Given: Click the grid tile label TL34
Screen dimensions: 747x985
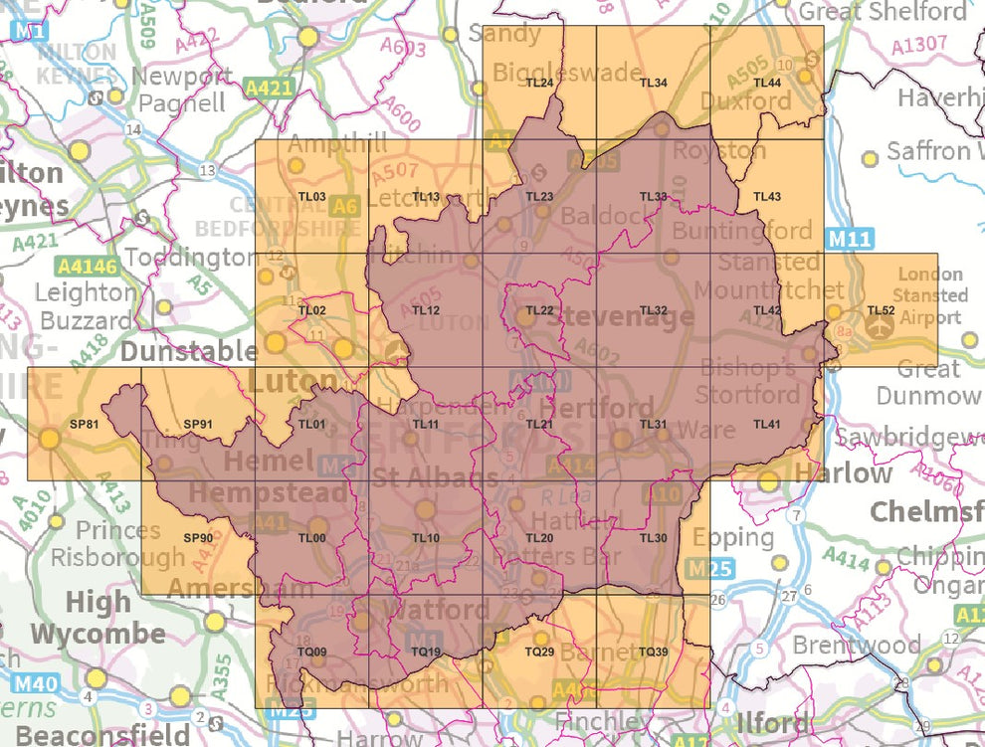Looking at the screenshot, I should pyautogui.click(x=653, y=83).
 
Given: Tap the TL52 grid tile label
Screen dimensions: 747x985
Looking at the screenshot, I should pyautogui.click(x=880, y=310).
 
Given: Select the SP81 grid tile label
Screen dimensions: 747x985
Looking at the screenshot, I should pyautogui.click(x=84, y=425).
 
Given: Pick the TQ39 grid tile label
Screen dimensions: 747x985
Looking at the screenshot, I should pyautogui.click(x=653, y=652).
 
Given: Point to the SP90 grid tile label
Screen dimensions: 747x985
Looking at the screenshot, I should pyautogui.click(x=198, y=538).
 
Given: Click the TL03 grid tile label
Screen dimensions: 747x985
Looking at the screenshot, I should pyautogui.click(x=312, y=197).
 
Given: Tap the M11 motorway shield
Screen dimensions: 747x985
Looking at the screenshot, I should pyautogui.click(x=847, y=238).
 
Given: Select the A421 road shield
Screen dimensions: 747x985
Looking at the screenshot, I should pyautogui.click(x=270, y=89).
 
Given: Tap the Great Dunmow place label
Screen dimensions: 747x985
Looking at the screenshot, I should pyautogui.click(x=927, y=383).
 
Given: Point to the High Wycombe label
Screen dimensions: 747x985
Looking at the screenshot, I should pyautogui.click(x=98, y=618).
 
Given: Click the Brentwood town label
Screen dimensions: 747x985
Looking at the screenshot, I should pyautogui.click(x=857, y=646).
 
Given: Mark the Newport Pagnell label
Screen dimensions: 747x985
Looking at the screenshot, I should pyautogui.click(x=182, y=90).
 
